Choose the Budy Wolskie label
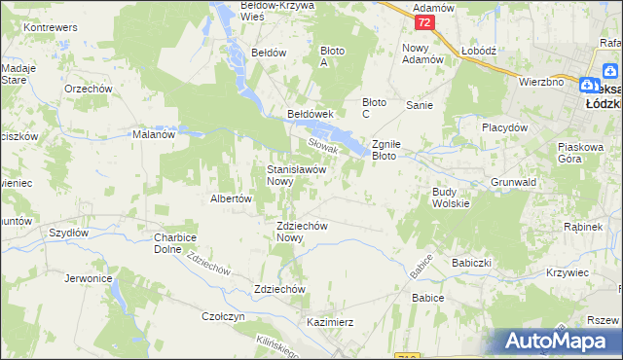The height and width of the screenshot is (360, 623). pos(451,198)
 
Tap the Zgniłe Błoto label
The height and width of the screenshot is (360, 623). pos(396,149)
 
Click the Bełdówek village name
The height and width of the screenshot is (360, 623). pos(311,114)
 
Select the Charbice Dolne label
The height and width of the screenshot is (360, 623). pos(175,243)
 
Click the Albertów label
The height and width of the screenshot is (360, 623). pos(232,198)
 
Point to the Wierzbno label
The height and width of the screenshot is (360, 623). pos(541,82)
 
